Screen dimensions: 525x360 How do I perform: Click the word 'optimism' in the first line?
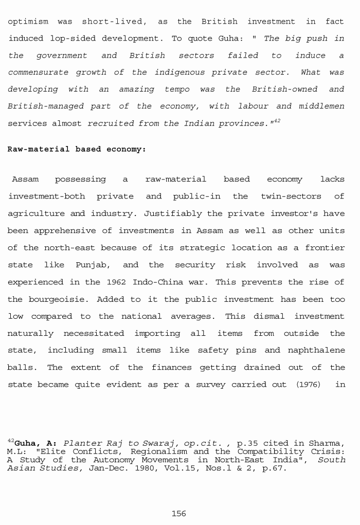pos(28,22)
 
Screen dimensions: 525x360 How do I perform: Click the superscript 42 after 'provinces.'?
pos(277,121)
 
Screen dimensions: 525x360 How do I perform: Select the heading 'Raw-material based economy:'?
pos(77,149)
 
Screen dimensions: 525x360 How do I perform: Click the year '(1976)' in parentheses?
pos(309,385)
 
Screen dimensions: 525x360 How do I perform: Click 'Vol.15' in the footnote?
pos(178,468)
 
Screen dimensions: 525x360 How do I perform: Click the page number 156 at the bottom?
pos(178,514)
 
